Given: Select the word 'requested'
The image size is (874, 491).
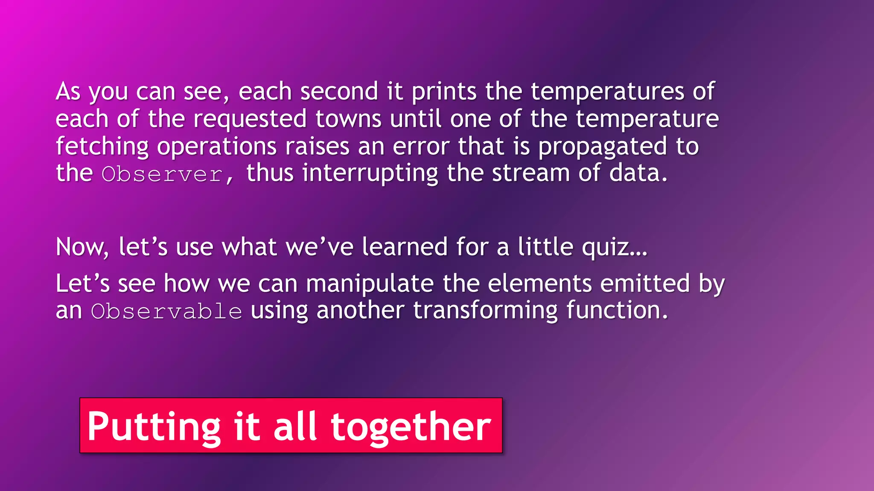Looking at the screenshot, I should pyautogui.click(x=250, y=120).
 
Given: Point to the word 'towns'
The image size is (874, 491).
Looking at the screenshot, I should pyautogui.click(x=349, y=119).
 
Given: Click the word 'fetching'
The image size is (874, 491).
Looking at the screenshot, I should pyautogui.click(x=102, y=147).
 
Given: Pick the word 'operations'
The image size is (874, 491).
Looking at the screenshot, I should pyautogui.click(x=217, y=147).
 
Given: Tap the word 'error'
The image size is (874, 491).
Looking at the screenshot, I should pyautogui.click(x=421, y=147).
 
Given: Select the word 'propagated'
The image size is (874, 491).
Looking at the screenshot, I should pyautogui.click(x=602, y=147).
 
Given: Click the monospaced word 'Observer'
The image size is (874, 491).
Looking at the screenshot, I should pyautogui.click(x=162, y=174).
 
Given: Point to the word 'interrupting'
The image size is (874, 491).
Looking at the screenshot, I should pyautogui.click(x=370, y=174).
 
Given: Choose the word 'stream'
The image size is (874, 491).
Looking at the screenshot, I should pyautogui.click(x=531, y=173).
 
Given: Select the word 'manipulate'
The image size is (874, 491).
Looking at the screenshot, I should pyautogui.click(x=370, y=284).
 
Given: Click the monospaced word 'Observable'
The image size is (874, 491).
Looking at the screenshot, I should pyautogui.click(x=166, y=311).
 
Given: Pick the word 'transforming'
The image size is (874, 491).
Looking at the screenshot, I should pyautogui.click(x=485, y=311).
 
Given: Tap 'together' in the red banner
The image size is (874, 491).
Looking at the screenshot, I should pyautogui.click(x=411, y=426).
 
